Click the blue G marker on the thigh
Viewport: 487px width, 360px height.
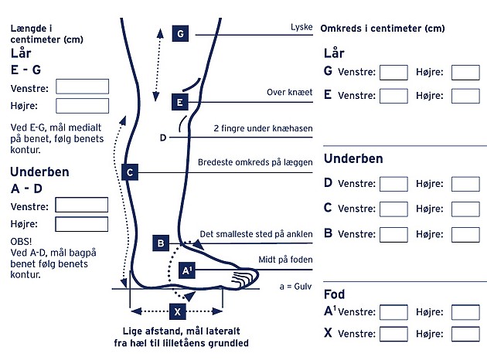180,34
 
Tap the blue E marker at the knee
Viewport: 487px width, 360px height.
179,101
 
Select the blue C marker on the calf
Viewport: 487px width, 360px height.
131,172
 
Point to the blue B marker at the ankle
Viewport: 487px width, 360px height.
161,243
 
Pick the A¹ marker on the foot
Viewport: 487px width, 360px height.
187,270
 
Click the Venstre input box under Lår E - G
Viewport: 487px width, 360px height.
82,87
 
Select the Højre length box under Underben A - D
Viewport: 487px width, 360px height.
82,224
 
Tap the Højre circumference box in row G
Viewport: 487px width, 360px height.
465,73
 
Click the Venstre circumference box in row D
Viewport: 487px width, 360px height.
393,184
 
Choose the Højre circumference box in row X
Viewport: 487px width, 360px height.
465,334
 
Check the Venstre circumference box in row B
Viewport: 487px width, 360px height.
393,232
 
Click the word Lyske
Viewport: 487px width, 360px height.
301,27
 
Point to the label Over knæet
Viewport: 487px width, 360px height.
289,93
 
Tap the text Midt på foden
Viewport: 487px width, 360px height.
285,260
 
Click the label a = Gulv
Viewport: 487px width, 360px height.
295,286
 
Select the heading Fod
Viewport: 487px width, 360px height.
334,294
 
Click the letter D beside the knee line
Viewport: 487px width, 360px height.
163,138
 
